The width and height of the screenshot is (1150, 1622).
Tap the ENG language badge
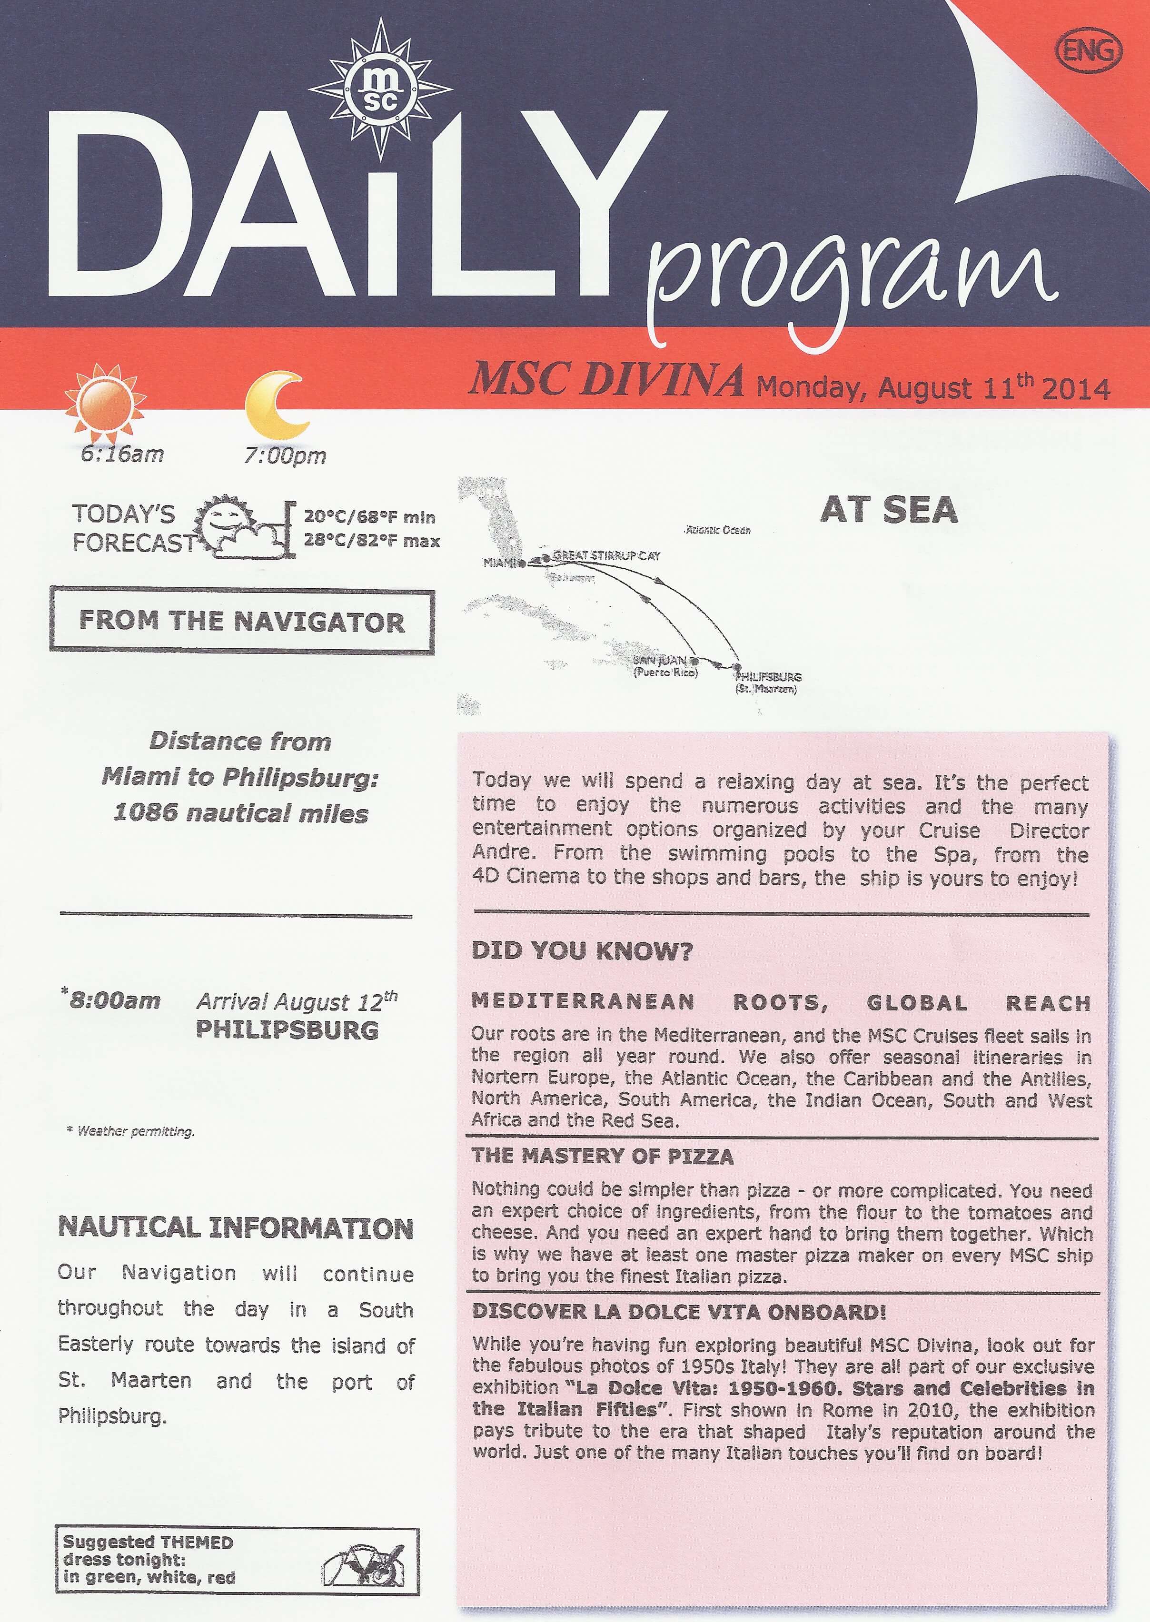(x=1089, y=51)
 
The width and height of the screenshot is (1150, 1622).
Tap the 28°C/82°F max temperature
(x=372, y=541)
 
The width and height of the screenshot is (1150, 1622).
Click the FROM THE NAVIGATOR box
(x=241, y=621)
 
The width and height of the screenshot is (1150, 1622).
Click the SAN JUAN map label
(x=659, y=660)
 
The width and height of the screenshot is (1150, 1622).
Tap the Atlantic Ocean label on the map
(x=717, y=530)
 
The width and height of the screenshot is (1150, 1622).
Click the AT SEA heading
(x=889, y=510)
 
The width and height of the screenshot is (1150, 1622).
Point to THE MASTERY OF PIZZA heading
(x=603, y=1156)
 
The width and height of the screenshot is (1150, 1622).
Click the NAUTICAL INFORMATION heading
(x=235, y=1227)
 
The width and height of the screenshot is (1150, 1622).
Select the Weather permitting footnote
(x=130, y=1131)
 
